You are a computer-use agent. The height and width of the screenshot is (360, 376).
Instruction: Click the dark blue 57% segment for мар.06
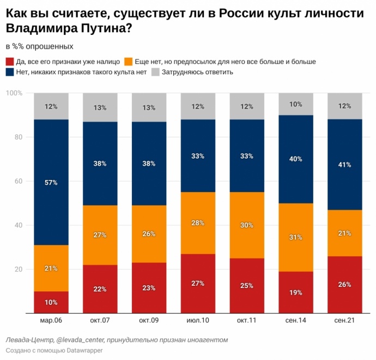coord(51,182)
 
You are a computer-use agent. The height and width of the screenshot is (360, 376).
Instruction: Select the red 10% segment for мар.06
coord(51,302)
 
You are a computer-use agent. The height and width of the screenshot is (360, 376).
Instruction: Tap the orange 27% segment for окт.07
coord(100,235)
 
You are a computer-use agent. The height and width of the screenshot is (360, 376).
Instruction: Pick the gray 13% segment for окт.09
coord(149,107)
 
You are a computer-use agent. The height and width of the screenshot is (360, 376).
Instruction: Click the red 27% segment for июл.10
coord(198,283)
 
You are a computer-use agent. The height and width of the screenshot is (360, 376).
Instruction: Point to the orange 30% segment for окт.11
coord(247,225)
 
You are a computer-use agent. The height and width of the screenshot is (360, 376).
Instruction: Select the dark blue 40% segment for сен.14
coord(296,159)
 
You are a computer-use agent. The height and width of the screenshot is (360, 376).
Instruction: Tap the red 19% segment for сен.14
coord(296,292)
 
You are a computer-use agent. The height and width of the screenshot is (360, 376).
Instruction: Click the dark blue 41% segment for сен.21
coord(344,164)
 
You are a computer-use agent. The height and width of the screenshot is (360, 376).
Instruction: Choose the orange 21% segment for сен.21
coord(344,233)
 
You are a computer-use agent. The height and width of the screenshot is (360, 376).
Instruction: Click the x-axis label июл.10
coord(198,321)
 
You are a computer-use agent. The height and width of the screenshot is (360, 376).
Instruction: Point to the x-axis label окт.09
coord(149,321)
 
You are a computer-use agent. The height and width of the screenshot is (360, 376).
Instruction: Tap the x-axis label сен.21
coord(344,321)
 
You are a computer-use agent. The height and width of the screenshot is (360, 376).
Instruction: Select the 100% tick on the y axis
coord(14,93)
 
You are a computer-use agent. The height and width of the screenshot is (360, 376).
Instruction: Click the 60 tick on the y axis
coord(18,181)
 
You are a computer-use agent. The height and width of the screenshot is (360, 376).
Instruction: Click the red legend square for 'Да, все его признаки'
coord(9,62)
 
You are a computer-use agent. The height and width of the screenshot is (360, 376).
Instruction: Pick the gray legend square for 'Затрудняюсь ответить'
coord(155,71)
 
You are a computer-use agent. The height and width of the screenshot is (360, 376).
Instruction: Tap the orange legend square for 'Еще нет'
coord(129,62)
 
